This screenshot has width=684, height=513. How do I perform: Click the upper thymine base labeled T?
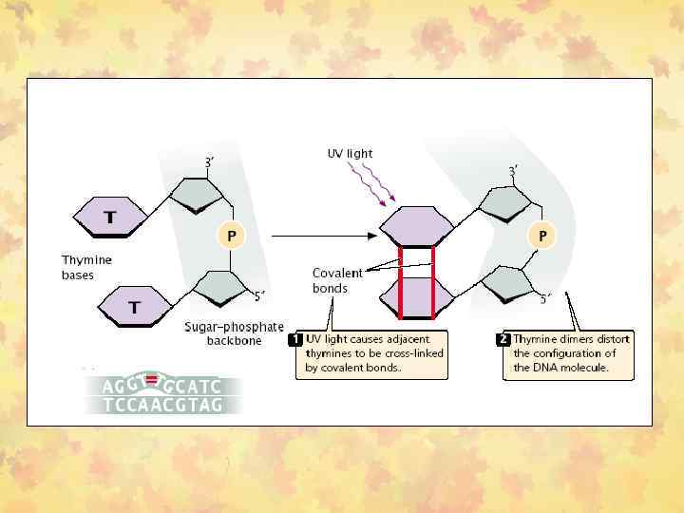click(x=110, y=217)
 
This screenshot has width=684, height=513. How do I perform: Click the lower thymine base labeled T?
click(x=134, y=306)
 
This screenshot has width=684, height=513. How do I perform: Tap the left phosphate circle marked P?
click(x=231, y=234)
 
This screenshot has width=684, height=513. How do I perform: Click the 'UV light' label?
click(x=350, y=153)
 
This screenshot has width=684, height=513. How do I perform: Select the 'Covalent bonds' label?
click(x=337, y=281)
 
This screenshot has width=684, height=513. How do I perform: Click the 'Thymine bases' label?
click(x=86, y=267)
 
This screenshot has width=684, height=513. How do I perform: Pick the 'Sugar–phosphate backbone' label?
click(x=234, y=333)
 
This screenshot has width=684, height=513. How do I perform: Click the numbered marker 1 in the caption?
click(x=297, y=338)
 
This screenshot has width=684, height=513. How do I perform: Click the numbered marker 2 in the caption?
click(x=504, y=338)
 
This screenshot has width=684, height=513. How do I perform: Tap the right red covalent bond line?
click(x=433, y=282)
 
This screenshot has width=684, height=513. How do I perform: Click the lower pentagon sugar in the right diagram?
click(x=505, y=283)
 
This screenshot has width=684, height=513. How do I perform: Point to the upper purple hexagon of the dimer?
click(x=417, y=228)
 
